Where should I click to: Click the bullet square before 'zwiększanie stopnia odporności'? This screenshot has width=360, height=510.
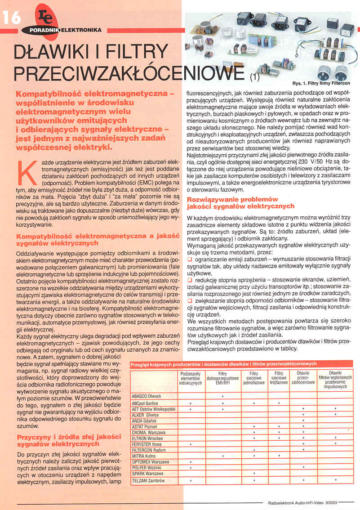coord(189,300)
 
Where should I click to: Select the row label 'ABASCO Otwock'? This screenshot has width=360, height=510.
coord(146,396)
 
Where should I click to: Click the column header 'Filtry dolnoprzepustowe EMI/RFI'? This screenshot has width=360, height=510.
coord(222,380)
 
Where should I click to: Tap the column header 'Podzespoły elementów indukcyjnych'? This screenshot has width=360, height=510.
coord(191,380)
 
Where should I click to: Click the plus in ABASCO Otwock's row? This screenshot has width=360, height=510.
coord(222,396)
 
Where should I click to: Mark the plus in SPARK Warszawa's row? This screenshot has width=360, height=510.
coord(254,473)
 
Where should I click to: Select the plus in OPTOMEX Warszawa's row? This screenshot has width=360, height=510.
coord(191,461)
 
